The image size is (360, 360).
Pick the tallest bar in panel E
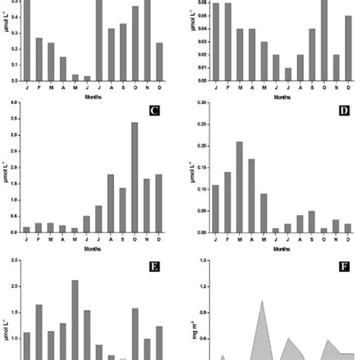(74, 319)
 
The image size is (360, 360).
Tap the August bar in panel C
(110, 203)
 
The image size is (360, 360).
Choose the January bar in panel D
(215, 210)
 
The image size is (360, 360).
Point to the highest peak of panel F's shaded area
(262, 302)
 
